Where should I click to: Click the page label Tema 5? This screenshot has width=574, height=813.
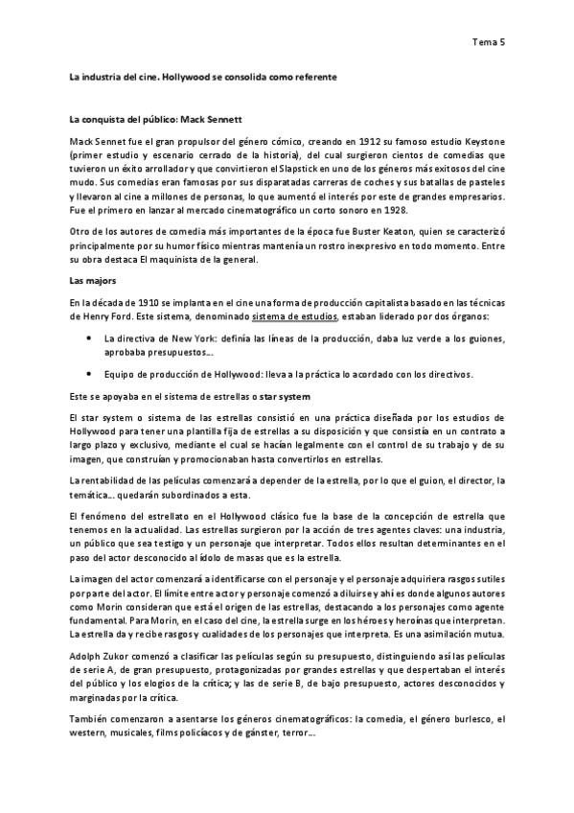coord(489,41)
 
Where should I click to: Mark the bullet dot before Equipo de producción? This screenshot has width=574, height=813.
coord(88,374)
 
